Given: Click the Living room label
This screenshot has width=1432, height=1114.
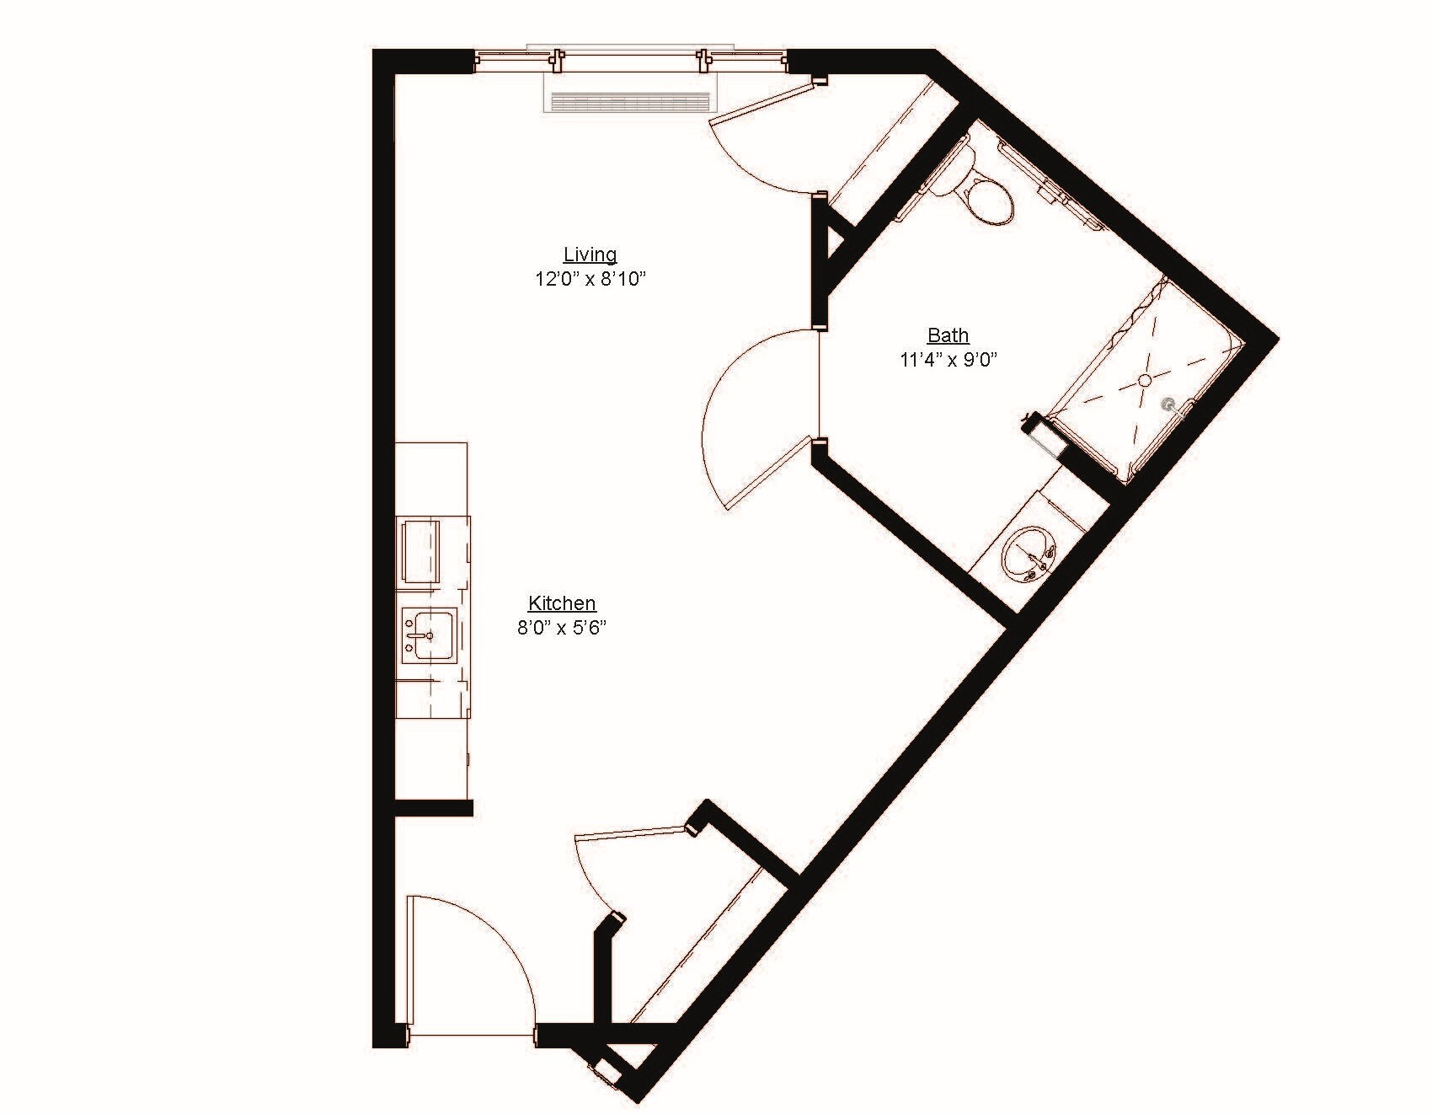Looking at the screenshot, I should click(x=590, y=254).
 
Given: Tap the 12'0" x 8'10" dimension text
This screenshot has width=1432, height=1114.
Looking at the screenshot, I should click(x=590, y=278).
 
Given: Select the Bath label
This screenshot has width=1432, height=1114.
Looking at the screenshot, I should click(x=948, y=335).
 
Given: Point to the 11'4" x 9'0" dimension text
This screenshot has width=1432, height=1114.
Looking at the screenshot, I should click(x=948, y=360).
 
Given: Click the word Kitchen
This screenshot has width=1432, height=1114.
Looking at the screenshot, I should click(x=562, y=603).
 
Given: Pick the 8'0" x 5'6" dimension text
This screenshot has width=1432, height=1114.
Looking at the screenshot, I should click(x=562, y=627).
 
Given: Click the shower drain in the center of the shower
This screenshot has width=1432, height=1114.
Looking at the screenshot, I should click(x=1145, y=380).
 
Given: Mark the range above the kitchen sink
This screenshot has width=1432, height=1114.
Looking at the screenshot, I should click(x=421, y=550).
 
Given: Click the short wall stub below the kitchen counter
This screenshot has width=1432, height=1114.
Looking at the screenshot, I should click(x=433, y=808).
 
